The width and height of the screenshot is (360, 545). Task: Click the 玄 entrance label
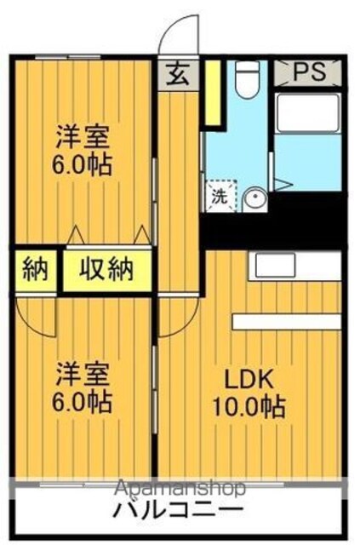178,75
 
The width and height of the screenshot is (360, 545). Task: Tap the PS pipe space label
309,72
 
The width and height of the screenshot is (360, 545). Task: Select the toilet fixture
248,79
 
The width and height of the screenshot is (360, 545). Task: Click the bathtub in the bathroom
307,113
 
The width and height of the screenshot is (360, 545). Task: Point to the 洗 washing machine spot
220,197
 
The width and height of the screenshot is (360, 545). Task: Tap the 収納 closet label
106,269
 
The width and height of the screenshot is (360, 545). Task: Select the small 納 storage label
35,269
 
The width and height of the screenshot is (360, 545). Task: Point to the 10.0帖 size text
249,406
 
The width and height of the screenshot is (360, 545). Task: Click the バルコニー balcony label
178,511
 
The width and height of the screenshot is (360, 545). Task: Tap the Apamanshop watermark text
180,488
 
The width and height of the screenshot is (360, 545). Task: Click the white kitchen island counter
287,322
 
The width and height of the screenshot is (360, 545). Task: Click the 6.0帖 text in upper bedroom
82,164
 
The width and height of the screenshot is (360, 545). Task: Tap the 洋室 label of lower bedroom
83,375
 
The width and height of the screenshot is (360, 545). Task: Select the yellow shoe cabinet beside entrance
212,93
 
